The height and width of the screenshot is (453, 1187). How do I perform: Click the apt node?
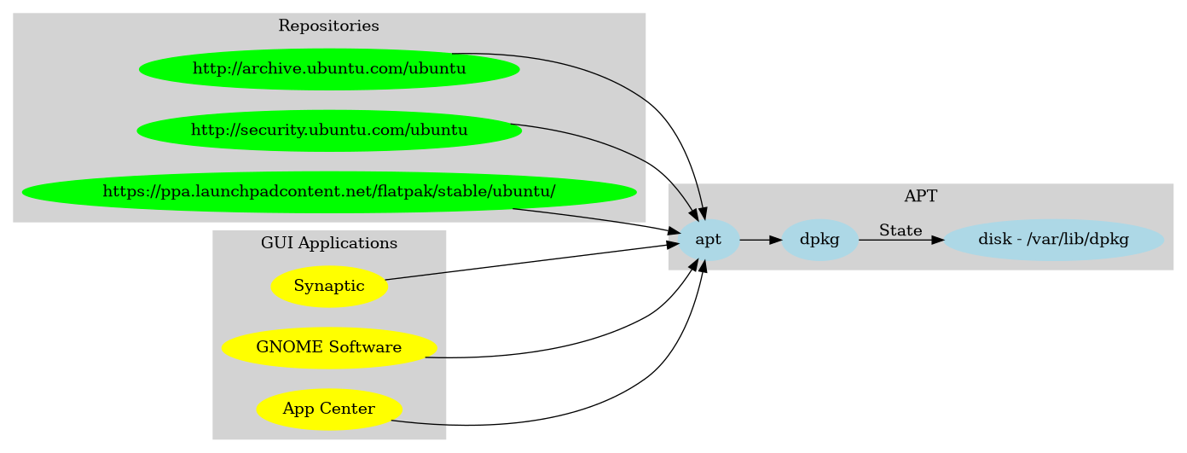[x=709, y=240]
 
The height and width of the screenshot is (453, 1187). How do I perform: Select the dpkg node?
[x=819, y=240]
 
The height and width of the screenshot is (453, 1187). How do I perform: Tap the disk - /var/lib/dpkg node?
[x=1053, y=240]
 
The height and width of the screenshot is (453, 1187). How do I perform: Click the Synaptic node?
[x=329, y=286]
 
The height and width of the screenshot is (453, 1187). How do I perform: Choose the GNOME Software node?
[x=329, y=347]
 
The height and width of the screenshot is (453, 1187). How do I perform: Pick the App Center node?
[x=329, y=409]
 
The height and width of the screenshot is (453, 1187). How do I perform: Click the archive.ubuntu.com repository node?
[x=329, y=68]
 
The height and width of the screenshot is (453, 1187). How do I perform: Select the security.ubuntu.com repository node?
[x=329, y=130]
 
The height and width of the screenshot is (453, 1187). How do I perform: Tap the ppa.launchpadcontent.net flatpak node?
[x=329, y=191]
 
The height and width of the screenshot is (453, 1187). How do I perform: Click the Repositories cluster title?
[x=329, y=26]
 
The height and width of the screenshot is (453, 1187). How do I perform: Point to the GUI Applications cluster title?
[x=329, y=243]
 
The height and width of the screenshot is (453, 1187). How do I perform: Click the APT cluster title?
[x=920, y=196]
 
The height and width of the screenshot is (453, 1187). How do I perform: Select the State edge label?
[x=900, y=230]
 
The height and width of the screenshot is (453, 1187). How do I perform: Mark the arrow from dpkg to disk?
[x=895, y=241]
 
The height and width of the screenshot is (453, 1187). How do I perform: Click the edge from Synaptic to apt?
[x=529, y=262]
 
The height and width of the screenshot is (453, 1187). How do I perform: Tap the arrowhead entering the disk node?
[x=938, y=241]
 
